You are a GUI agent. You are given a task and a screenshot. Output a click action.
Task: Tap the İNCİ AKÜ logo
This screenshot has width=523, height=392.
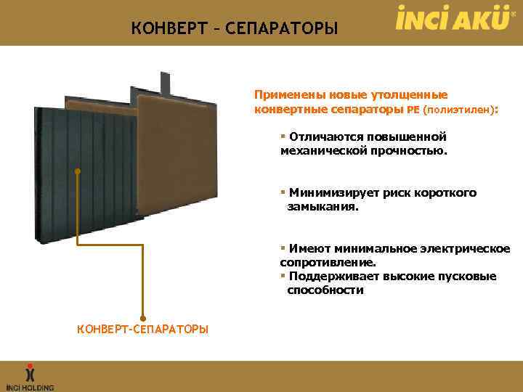[452, 17]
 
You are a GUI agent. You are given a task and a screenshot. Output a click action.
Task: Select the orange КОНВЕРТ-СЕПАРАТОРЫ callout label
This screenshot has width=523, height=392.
[142, 330]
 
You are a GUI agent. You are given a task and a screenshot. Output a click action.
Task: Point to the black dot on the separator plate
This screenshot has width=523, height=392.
[77, 171]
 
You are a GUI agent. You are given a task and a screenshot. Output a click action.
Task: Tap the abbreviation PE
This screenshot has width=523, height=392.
[413, 110]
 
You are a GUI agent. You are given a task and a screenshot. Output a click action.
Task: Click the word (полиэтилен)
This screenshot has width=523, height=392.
[458, 110]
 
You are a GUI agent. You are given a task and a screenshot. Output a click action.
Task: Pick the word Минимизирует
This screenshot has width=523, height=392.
[331, 192]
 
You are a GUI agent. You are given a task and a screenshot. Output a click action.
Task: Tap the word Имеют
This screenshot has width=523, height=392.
[307, 248]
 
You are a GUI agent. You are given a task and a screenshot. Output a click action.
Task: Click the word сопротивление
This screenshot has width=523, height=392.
[327, 262]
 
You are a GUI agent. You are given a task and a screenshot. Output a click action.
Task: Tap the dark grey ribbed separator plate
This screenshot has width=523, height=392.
[94, 189]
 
